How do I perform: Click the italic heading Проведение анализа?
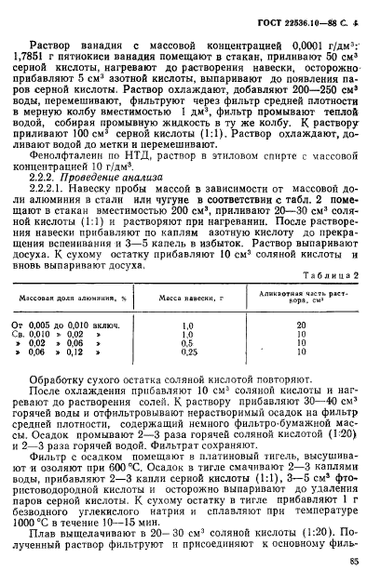click(103, 186)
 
